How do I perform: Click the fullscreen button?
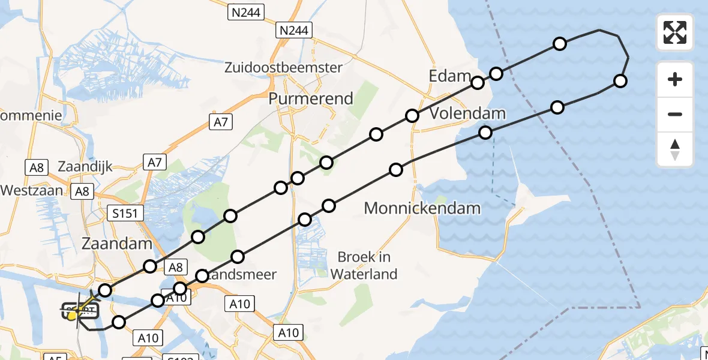coord(675,32)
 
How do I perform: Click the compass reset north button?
coord(675,149)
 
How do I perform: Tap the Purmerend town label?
coord(311,98)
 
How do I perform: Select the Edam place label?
coord(450,76)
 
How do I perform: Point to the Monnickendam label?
coord(422,209)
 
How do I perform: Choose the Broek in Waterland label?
coord(364,265)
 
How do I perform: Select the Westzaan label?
coord(32,190)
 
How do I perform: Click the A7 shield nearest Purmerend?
coord(220,122)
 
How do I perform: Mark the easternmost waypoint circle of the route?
coord(620,81)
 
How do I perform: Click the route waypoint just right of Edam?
coord(496,74)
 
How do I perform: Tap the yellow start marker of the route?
coord(73,316)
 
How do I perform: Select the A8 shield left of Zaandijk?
coord(36,167)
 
